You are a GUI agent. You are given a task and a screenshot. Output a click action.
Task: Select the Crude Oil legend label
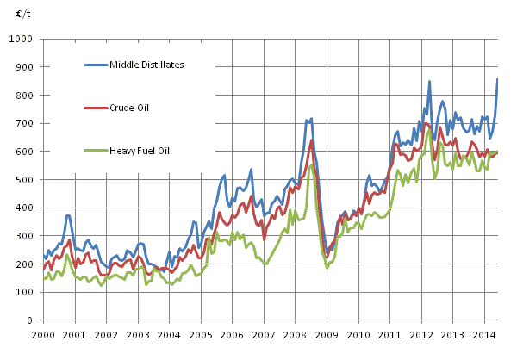coord(130,107)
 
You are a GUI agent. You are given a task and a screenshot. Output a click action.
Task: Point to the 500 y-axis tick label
coord(25,179)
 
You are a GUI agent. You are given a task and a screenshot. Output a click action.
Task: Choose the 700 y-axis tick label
coord(25,124)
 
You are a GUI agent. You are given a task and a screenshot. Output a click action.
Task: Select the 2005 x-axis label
coord(200,334)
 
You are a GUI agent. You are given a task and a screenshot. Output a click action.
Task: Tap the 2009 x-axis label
coord(327,334)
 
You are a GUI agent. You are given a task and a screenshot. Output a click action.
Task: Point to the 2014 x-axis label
coord(485,334)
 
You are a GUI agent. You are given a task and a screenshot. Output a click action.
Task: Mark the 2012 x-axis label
coord(421,334)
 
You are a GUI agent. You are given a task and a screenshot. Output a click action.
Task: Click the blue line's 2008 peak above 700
coord(311,119)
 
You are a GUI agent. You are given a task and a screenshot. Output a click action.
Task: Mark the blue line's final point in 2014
coord(497,79)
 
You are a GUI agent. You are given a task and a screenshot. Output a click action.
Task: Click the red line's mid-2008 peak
coord(311,140)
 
